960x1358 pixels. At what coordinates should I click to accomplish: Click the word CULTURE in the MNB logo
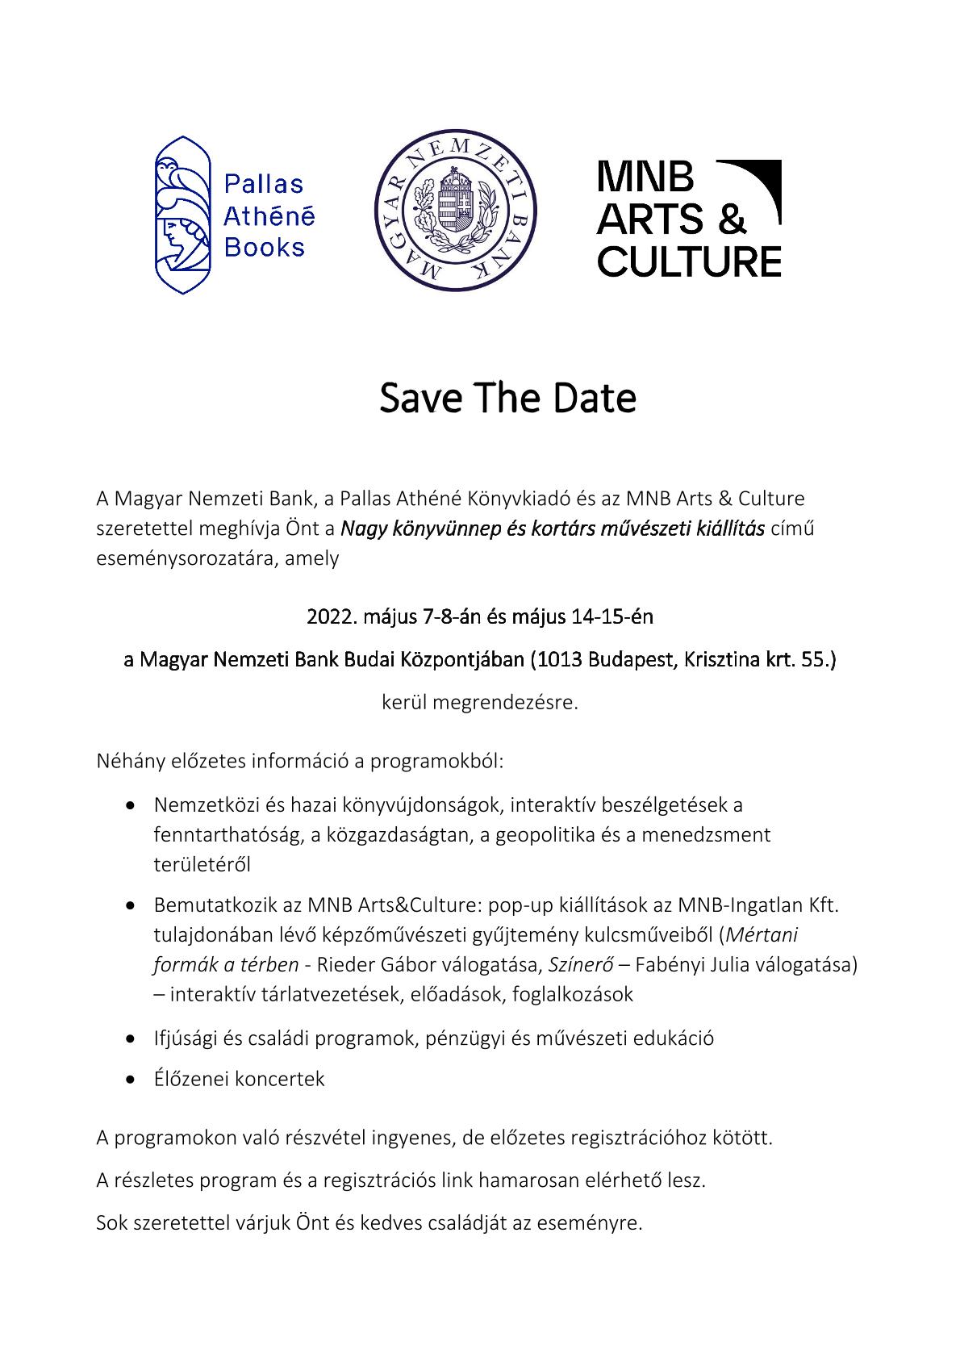click(689, 261)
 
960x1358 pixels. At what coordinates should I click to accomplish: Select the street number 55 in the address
click(816, 660)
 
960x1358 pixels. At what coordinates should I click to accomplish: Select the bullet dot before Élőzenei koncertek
click(131, 1080)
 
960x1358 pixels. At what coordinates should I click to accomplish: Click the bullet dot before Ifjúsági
click(131, 1039)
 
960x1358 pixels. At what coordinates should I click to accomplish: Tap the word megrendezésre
click(505, 702)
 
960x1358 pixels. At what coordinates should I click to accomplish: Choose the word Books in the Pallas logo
click(264, 247)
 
